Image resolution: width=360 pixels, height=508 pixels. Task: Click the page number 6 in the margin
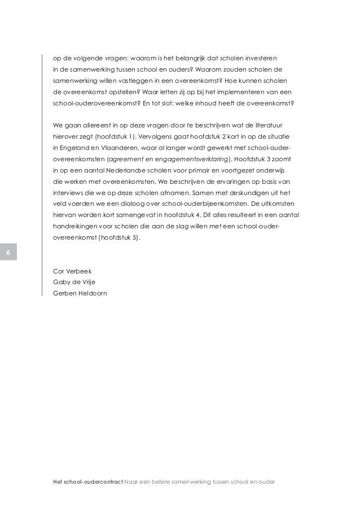(8, 252)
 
